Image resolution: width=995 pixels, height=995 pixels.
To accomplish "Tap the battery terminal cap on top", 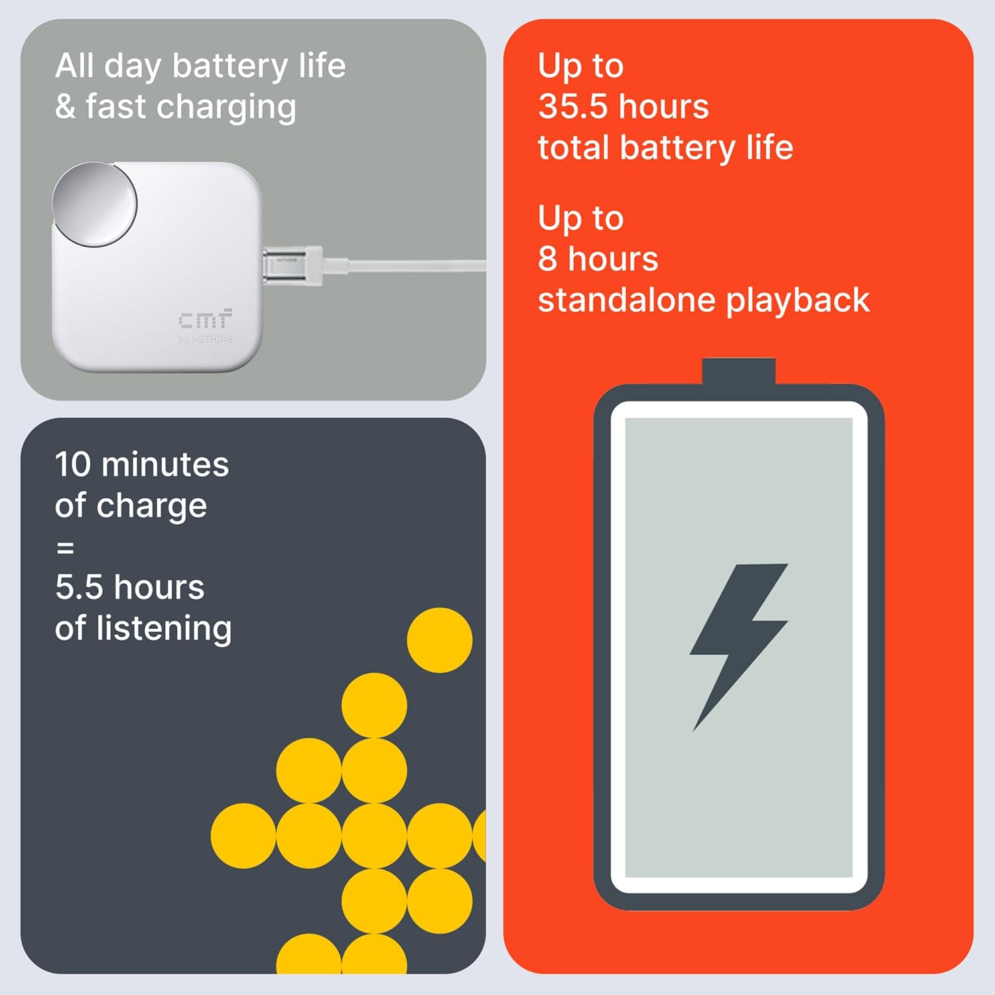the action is [738, 372].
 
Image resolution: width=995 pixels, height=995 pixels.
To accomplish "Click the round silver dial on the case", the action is [95, 204].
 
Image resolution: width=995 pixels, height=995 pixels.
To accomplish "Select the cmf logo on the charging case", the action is [205, 319].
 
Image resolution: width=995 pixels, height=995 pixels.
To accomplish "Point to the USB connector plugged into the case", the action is [293, 265].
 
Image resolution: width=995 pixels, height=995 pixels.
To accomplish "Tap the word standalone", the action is [628, 300].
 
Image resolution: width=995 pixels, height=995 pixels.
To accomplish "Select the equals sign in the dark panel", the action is [65, 548].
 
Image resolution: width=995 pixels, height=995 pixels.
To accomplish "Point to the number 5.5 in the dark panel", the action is [79, 587].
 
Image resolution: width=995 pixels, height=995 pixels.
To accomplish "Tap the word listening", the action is [165, 629].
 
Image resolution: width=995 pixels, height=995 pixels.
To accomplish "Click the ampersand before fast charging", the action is [66, 107].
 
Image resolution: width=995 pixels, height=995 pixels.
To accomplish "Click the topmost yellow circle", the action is [440, 640].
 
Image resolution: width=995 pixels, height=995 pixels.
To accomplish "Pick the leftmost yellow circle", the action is [243, 836].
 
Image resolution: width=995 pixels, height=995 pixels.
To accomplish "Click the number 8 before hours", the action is [548, 259].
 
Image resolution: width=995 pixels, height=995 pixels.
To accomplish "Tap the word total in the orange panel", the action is [574, 147].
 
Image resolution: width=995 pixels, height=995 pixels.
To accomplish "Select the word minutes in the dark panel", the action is [165, 464].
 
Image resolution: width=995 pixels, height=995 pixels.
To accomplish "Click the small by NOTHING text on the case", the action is [205, 339].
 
